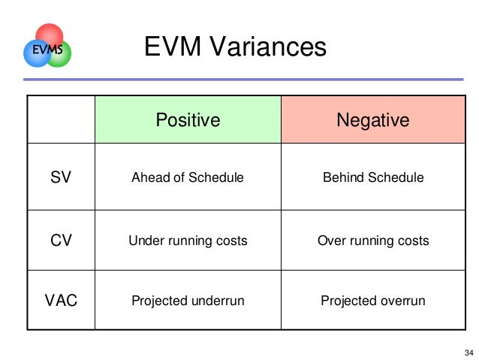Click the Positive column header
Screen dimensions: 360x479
(187, 120)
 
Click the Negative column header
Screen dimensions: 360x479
(372, 120)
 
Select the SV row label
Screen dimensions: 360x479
(61, 178)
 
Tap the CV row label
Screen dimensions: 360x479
(61, 241)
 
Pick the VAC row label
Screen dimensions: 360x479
(61, 301)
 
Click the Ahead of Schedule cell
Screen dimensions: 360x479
(187, 178)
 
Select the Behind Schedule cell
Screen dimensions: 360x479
(372, 178)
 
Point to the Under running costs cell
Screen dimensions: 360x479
(187, 241)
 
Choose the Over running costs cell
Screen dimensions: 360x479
(372, 241)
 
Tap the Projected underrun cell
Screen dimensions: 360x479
(187, 301)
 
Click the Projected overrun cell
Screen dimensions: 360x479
(372, 301)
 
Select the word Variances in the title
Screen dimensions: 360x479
(266, 49)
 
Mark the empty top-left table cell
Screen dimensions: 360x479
(61, 120)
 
